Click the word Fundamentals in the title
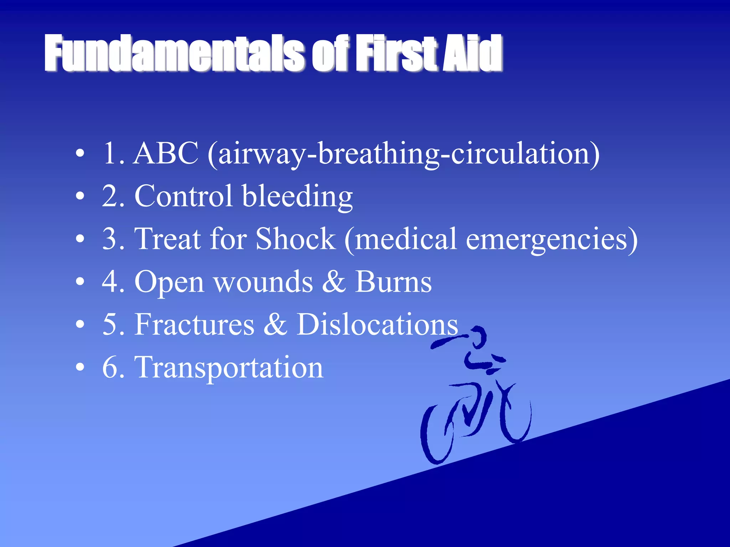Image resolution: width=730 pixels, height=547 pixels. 175,53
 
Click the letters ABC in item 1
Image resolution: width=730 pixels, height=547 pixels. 165,153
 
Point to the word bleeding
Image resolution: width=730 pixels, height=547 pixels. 297,197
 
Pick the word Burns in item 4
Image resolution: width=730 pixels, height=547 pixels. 393,282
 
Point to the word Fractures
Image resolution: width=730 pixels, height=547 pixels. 194,324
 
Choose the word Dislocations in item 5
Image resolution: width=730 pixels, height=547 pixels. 377,324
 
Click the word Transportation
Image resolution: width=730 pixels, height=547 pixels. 228,368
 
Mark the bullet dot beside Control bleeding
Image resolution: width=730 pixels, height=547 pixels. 80,196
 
